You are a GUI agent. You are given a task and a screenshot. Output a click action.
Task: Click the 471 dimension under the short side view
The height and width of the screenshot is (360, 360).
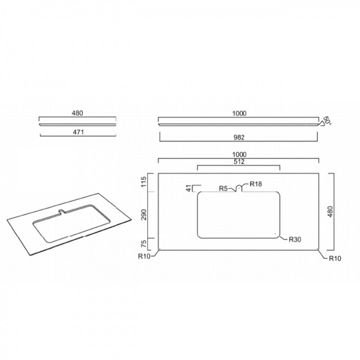78,132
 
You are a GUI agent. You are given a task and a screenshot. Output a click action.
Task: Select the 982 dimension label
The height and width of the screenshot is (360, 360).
239,137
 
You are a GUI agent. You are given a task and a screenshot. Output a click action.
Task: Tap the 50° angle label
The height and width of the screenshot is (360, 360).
327,121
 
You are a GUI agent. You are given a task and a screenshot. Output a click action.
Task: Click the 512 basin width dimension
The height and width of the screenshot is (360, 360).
239,162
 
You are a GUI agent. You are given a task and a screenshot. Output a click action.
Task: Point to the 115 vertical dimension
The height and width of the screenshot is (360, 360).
144,182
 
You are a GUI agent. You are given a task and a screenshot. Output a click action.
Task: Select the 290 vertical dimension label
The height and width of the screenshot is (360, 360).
144,215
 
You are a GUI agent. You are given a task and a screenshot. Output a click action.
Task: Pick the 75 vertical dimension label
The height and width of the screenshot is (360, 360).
144,243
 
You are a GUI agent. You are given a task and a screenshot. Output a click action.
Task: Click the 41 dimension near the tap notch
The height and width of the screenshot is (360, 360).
189,188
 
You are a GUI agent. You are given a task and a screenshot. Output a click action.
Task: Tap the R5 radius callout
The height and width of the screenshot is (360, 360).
223,189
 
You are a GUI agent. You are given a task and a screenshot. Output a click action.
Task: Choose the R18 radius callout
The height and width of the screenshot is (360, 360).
256,184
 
